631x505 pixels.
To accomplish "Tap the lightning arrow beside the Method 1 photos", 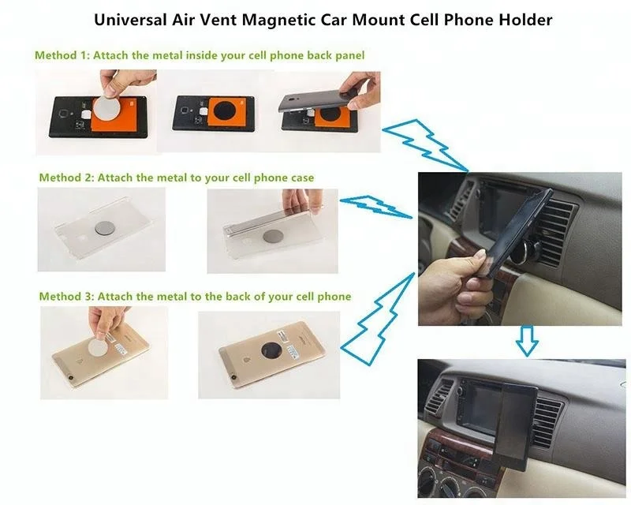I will [x=426, y=140].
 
